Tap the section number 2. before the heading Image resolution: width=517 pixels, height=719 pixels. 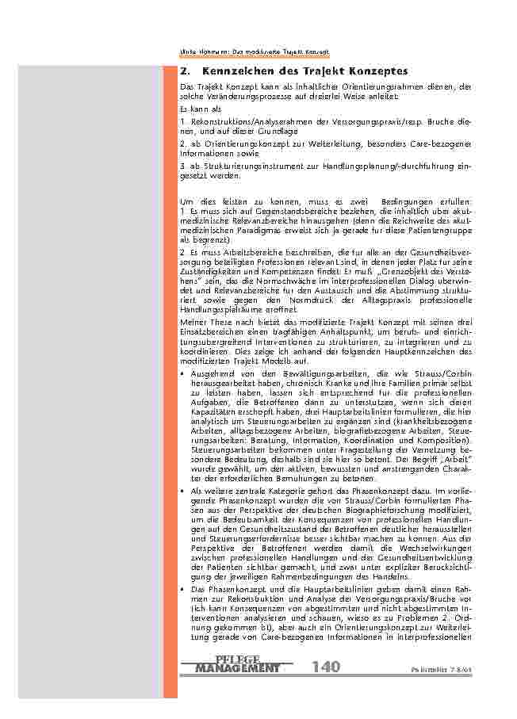185,71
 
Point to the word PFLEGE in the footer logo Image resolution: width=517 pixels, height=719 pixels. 237,659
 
